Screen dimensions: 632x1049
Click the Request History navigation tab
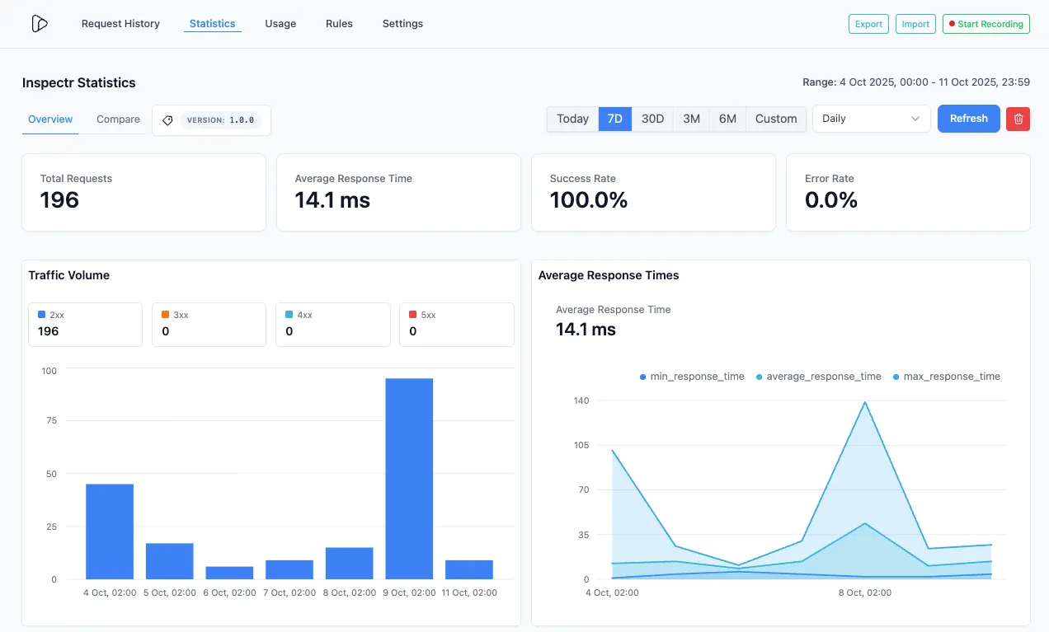click(120, 24)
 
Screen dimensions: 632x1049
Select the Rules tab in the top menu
click(339, 24)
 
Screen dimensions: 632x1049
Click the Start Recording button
click(985, 24)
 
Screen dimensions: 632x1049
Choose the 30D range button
click(652, 119)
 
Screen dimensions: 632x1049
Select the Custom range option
click(776, 119)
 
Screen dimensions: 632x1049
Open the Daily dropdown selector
click(871, 119)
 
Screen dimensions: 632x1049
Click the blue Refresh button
click(968, 119)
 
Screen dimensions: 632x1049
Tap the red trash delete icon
click(1018, 119)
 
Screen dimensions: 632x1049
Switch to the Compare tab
click(118, 119)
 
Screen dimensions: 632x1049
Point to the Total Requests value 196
click(59, 200)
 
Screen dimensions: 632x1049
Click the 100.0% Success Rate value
click(589, 200)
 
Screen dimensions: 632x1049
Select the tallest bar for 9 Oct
click(409, 478)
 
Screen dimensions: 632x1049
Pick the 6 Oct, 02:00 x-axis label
click(229, 592)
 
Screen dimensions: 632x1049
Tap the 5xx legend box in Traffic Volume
click(456, 324)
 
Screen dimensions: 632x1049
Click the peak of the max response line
click(864, 402)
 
